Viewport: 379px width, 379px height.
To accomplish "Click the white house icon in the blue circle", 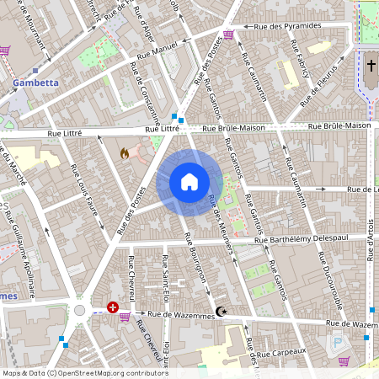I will point(189,182).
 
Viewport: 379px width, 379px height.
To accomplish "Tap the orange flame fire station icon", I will point(125,154).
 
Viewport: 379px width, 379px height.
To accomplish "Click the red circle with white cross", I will point(113,308).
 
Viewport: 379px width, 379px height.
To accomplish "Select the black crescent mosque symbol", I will point(222,312).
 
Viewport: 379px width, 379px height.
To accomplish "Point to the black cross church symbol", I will point(371,65).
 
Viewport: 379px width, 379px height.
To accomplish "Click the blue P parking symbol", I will point(339,344).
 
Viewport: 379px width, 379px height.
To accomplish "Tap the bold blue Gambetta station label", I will point(35,83).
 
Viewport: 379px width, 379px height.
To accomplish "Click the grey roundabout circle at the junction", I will point(80,310).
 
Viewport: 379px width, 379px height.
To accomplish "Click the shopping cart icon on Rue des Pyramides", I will point(228,35).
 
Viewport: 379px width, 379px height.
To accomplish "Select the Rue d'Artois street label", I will point(369,243).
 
